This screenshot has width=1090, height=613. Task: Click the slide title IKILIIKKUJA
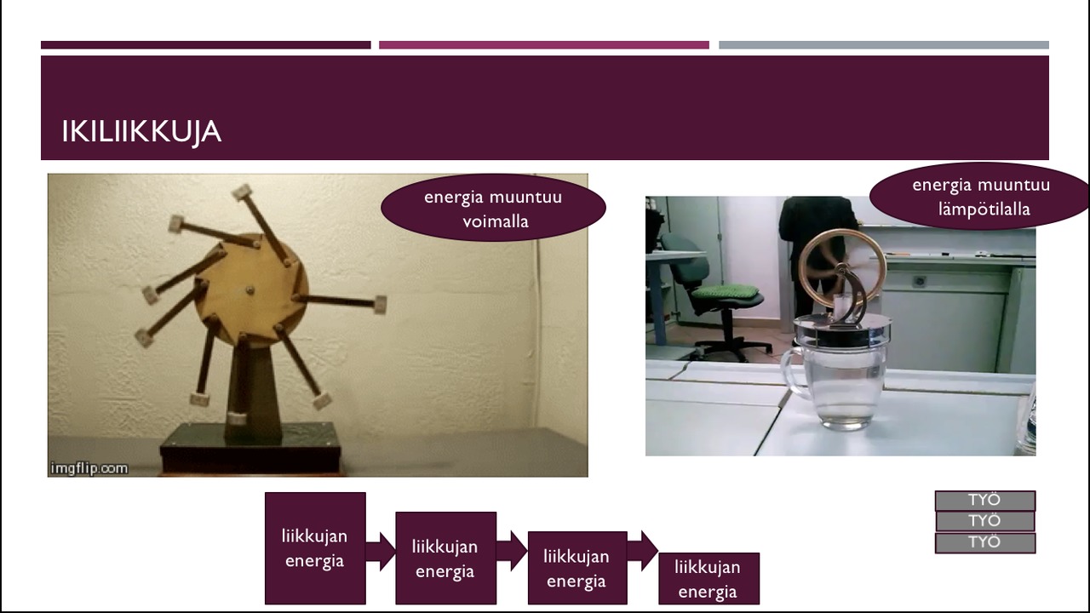click(141, 132)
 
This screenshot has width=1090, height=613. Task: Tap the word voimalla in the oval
click(496, 222)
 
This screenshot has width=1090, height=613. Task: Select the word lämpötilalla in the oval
click(984, 209)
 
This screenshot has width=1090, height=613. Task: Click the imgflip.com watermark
click(89, 468)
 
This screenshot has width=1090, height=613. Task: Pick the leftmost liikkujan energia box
click(315, 548)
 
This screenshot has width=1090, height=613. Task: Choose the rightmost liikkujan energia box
click(708, 578)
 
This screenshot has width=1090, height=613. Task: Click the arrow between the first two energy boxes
click(381, 552)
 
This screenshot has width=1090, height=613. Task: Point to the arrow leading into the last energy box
click(643, 551)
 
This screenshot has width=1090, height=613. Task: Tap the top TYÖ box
click(985, 500)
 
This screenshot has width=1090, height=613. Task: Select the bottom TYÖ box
click(985, 543)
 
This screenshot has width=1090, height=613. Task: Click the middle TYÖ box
click(985, 522)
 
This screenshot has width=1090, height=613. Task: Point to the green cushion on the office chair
click(725, 292)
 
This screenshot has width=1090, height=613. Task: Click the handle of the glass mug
click(792, 370)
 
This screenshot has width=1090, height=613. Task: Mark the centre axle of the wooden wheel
click(250, 290)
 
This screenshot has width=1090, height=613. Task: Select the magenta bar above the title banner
click(544, 45)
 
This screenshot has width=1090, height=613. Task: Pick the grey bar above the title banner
click(884, 45)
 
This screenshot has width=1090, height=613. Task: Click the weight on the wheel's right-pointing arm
click(380, 305)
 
